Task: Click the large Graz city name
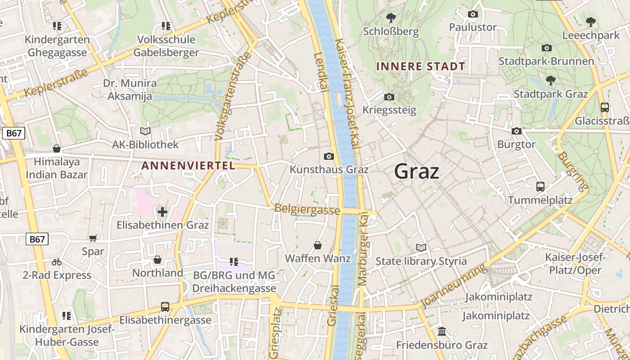(x=416, y=171)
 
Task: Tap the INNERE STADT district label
(x=420, y=67)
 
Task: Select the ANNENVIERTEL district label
(x=188, y=166)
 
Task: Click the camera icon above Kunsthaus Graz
(x=329, y=156)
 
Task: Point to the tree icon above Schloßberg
(x=391, y=18)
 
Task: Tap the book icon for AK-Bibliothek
(x=145, y=131)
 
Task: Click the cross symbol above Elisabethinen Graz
(x=162, y=211)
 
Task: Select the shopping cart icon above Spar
(x=93, y=238)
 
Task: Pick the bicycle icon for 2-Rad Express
(x=57, y=261)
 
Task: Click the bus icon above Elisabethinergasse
(x=165, y=307)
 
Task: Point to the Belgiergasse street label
(x=307, y=209)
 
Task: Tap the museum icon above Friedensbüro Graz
(x=441, y=332)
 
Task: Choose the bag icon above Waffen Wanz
(x=318, y=245)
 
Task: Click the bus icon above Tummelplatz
(x=540, y=186)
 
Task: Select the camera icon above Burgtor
(x=516, y=131)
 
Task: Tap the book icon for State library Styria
(x=421, y=247)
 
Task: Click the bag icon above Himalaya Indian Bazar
(x=57, y=148)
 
